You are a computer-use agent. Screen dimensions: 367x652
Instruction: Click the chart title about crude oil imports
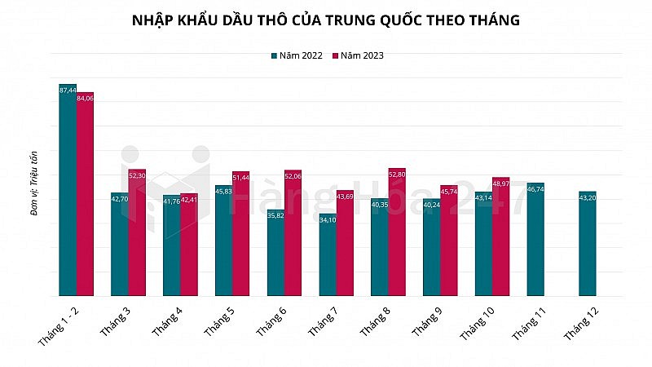click(x=326, y=20)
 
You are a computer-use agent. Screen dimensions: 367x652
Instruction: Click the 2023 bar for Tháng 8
click(x=397, y=232)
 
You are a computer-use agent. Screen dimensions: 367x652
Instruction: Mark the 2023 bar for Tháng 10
click(x=500, y=237)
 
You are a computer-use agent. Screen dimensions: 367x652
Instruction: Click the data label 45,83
click(x=224, y=191)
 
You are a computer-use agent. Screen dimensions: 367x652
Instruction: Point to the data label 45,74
click(x=449, y=191)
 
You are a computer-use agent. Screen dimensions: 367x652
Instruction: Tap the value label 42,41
click(x=189, y=198)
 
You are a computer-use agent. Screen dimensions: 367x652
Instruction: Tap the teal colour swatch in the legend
click(x=275, y=55)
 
